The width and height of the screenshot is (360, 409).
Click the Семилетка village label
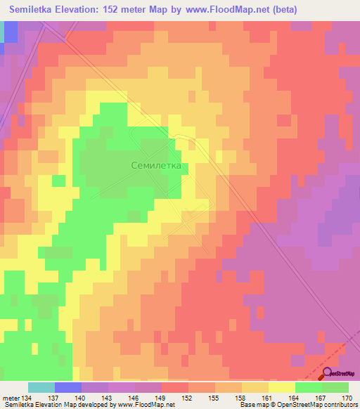(x=156, y=166)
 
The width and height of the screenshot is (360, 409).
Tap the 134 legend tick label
(x=28, y=397)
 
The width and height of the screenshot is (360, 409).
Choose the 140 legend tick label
(x=82, y=397)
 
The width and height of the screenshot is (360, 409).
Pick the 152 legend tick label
(x=188, y=397)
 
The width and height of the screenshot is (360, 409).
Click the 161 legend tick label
(x=269, y=397)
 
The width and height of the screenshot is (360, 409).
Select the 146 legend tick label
(x=135, y=397)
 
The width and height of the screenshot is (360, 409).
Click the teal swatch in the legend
(x=41, y=387)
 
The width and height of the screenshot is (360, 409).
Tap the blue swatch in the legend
(x=68, y=387)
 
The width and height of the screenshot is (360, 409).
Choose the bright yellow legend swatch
(x=282, y=387)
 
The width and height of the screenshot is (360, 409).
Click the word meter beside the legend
(x=11, y=397)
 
